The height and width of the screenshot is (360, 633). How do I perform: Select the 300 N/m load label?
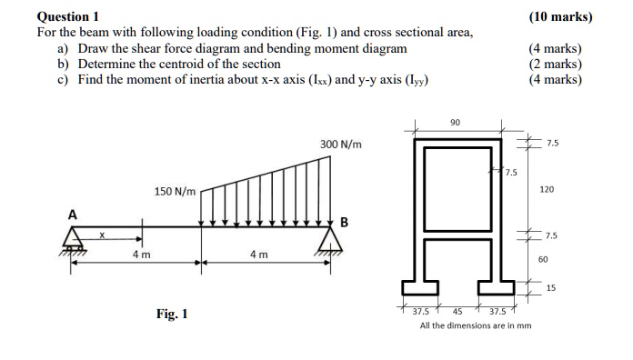pyautogui.click(x=341, y=145)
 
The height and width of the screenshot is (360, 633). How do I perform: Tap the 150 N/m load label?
pyautogui.click(x=175, y=192)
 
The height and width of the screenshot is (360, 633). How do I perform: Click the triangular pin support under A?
pyautogui.click(x=74, y=239)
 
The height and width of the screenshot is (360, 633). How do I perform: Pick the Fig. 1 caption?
pyautogui.click(x=172, y=315)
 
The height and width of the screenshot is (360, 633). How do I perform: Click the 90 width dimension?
pyautogui.click(x=455, y=122)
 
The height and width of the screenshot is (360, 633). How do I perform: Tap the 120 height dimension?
pyautogui.click(x=547, y=190)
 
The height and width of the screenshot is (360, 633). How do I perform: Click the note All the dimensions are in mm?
pyautogui.click(x=476, y=325)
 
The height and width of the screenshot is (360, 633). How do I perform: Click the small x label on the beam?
pyautogui.click(x=102, y=235)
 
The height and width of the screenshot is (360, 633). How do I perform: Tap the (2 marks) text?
pyautogui.click(x=555, y=64)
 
